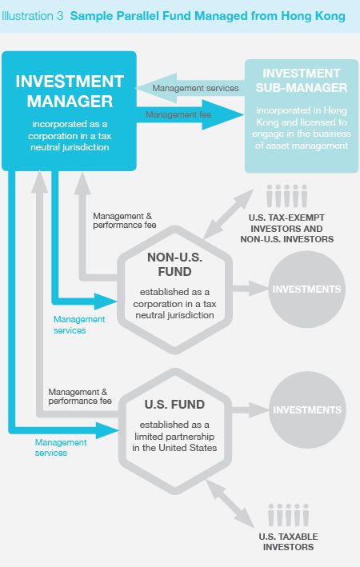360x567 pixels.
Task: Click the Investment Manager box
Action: point(69,111)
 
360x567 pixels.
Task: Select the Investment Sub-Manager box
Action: point(302,116)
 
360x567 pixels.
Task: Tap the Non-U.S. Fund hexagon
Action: point(175,289)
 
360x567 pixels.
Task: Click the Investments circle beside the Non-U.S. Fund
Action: point(307,289)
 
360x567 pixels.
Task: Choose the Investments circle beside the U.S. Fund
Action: point(307,409)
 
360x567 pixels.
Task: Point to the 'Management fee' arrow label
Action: point(178,114)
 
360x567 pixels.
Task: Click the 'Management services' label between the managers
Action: point(195,88)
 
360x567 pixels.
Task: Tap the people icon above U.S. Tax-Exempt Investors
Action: point(287,196)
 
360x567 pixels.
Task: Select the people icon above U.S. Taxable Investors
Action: point(288,514)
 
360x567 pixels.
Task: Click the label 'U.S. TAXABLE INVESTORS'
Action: point(288,541)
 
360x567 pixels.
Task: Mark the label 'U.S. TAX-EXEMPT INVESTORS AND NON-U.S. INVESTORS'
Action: point(287,229)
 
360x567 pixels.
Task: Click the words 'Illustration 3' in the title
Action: point(32,16)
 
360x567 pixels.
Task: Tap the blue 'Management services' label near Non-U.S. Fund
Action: point(79,325)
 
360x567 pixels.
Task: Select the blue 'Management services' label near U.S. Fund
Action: point(61,447)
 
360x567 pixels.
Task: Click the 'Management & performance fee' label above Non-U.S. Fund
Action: point(125,221)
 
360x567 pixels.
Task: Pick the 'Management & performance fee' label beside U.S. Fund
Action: point(80,397)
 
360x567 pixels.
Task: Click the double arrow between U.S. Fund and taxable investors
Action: point(230,503)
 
